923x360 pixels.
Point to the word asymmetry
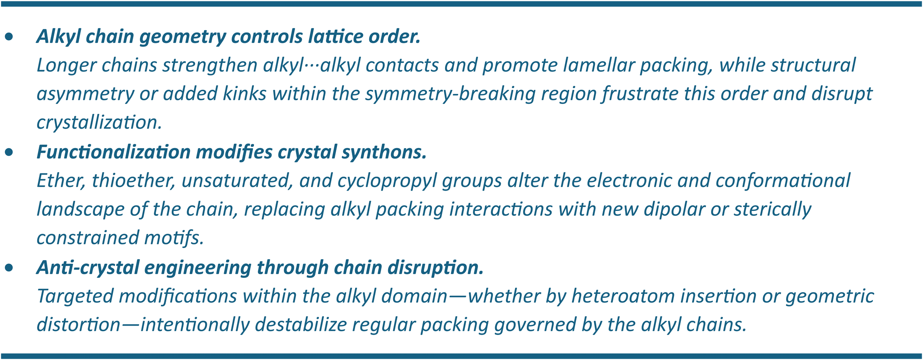point(85,94)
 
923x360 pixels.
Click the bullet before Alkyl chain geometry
point(9,37)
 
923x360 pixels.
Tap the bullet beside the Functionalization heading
point(9,153)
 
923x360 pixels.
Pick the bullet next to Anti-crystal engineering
point(9,268)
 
